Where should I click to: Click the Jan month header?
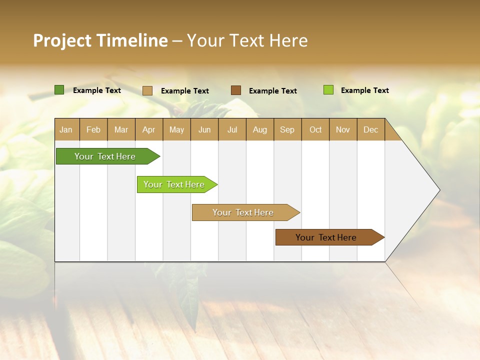(66, 129)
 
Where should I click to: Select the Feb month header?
(93, 129)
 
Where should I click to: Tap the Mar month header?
(121, 129)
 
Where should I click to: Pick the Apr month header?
(149, 129)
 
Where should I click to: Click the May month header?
(176, 129)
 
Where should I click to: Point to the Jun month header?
(204, 129)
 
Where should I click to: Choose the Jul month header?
(232, 129)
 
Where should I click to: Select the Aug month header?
(260, 129)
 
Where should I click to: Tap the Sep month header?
(287, 129)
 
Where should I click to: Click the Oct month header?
(315, 129)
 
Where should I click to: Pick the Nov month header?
(343, 129)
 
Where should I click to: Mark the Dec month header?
(371, 129)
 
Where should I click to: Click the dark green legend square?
(59, 90)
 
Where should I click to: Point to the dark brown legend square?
(236, 90)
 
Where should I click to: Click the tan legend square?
(147, 90)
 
